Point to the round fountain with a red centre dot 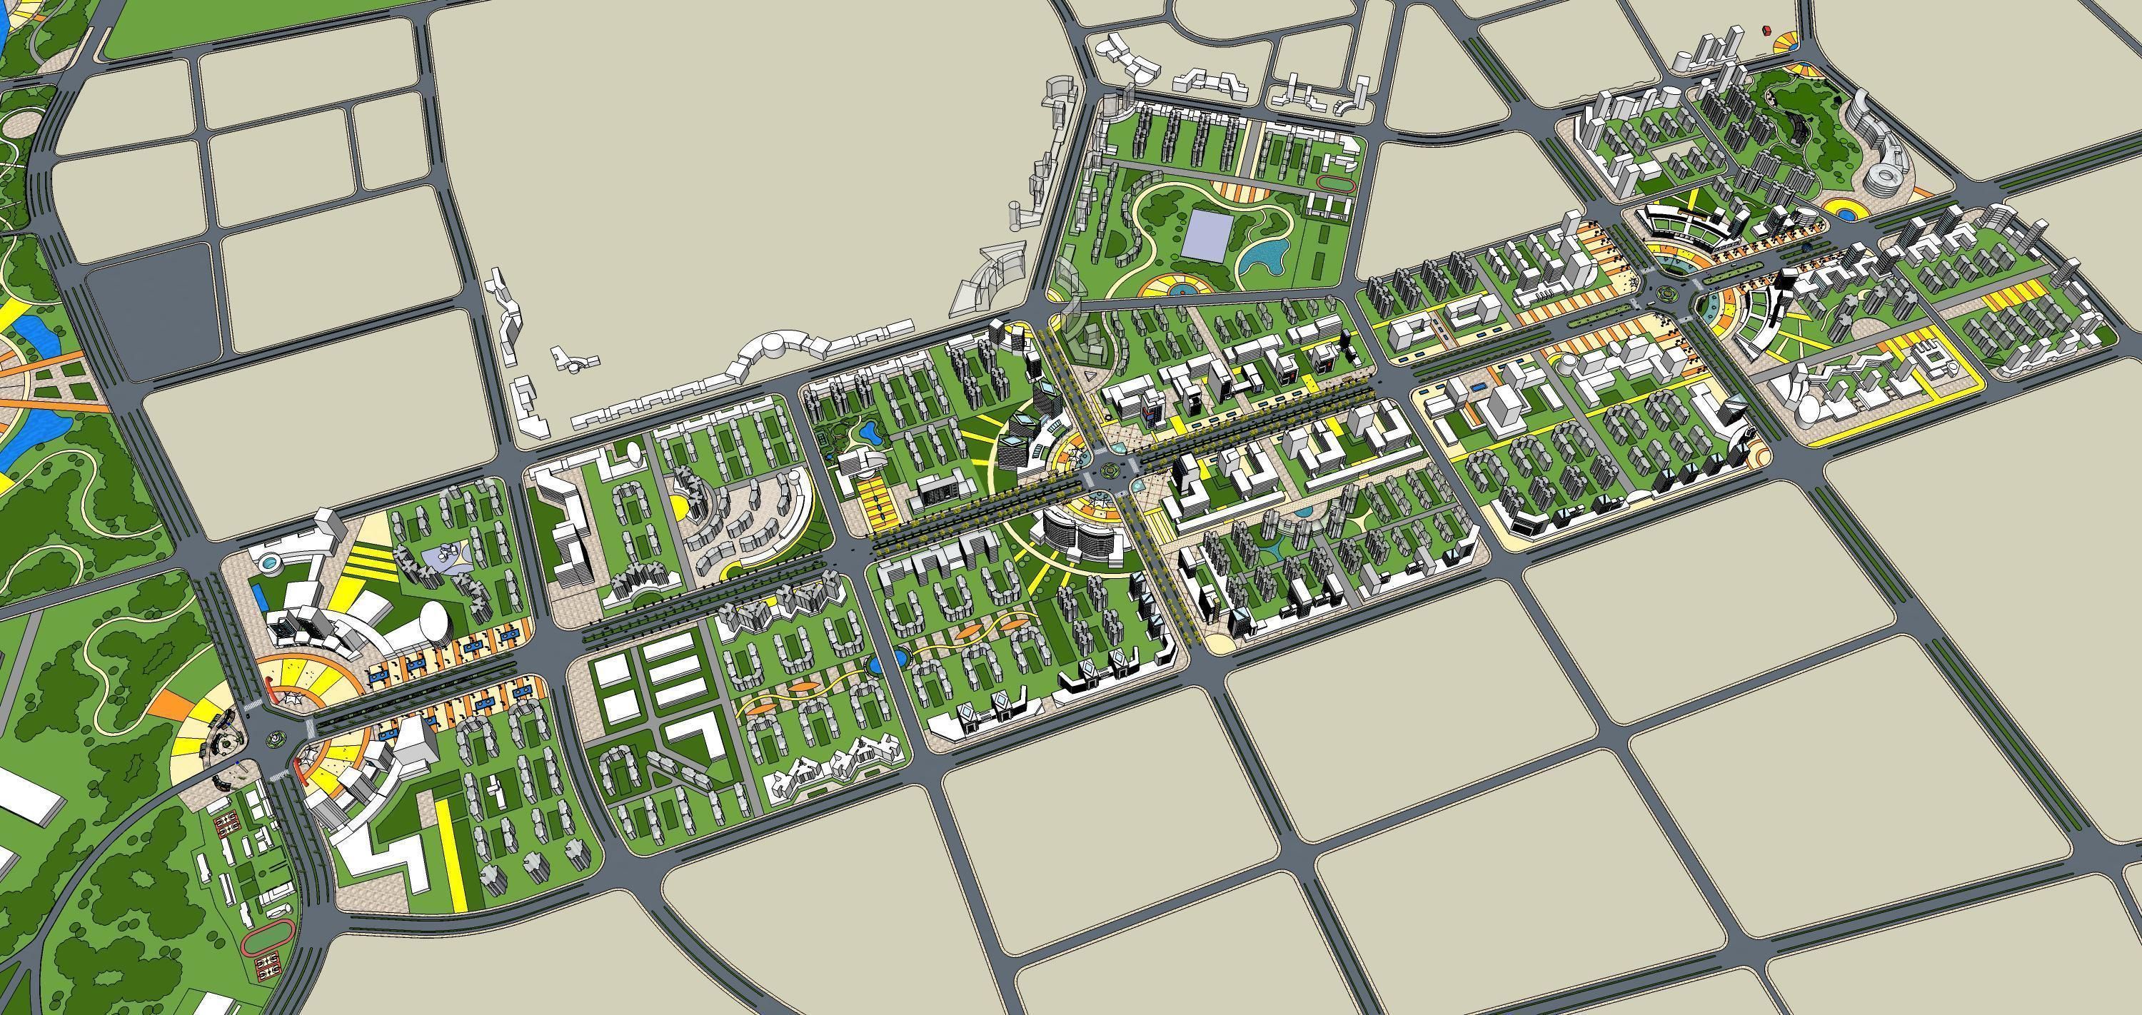[1177, 288]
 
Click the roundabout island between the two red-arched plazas [274, 735]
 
